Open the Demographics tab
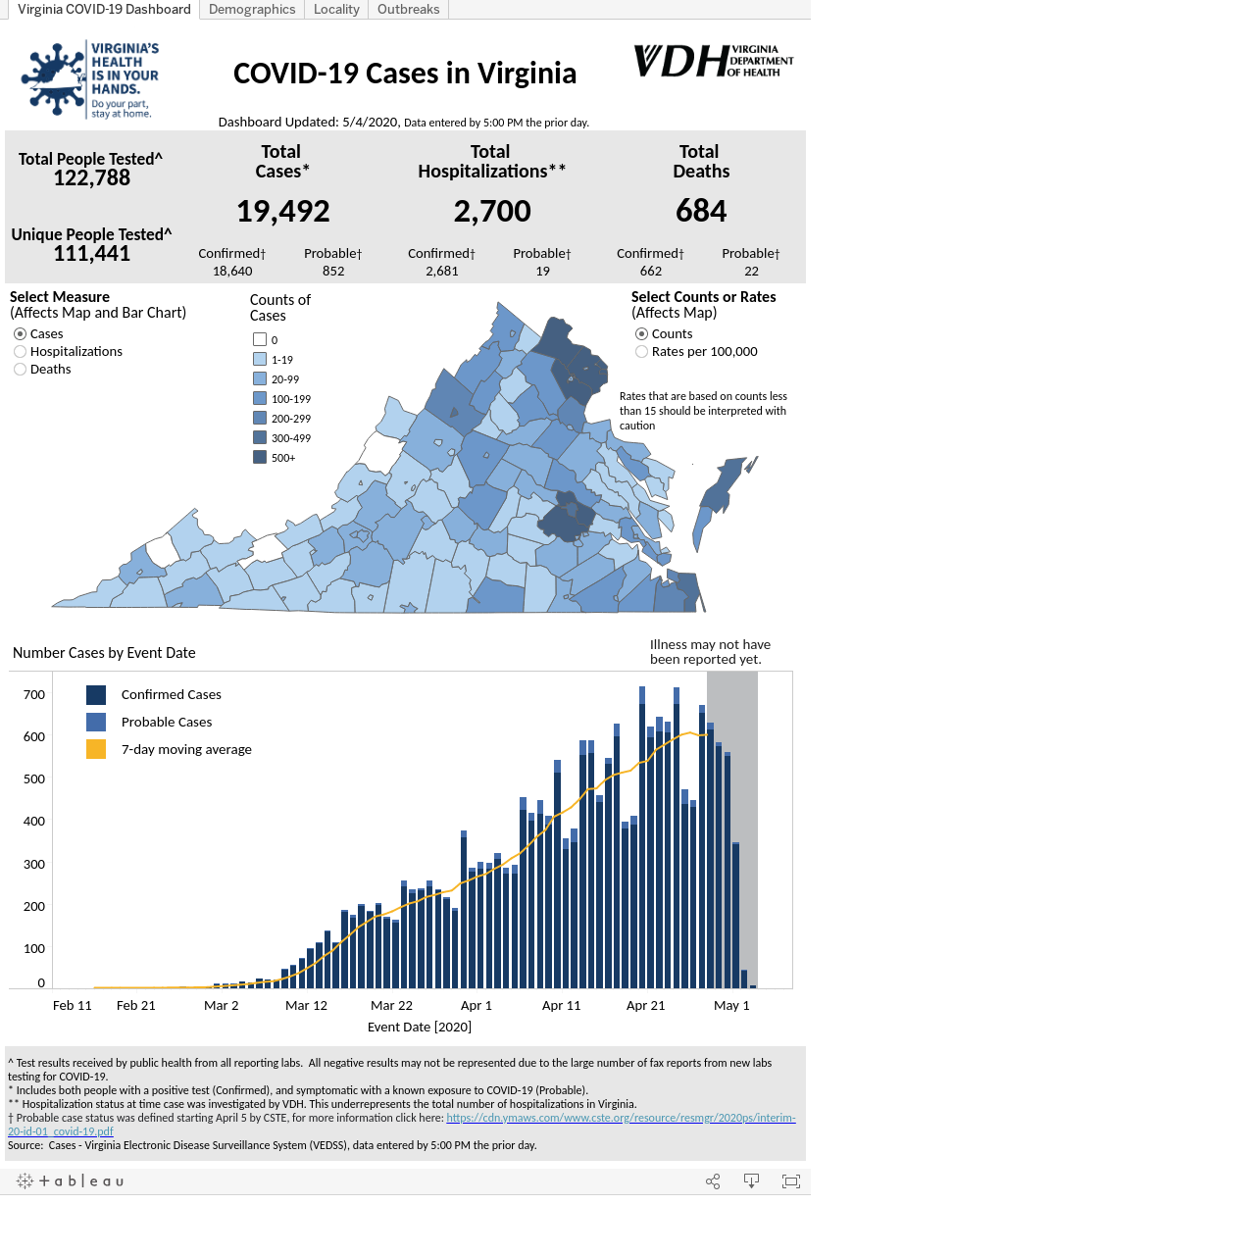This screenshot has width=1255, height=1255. pos(251,9)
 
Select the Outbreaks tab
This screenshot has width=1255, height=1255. pos(408,9)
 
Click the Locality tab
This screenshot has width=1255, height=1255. pos(336,9)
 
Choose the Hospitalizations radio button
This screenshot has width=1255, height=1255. pos(21,352)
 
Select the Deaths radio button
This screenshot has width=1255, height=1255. pos(21,370)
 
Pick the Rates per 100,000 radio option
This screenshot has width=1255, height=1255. pos(641,352)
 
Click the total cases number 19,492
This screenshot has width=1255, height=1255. pos(283,211)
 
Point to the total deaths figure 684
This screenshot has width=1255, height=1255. pos(701,211)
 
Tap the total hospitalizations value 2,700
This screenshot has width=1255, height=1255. pos(492,211)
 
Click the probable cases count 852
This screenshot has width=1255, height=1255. pos(332,271)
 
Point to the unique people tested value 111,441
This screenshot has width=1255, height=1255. pos(92,253)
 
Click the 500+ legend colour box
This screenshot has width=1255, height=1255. pos(260,457)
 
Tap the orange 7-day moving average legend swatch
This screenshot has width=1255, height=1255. pos(96,749)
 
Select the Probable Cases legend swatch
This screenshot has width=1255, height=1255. pos(96,722)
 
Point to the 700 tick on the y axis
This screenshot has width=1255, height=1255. pos(34,694)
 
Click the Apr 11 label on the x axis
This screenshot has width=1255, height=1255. pos(561,1005)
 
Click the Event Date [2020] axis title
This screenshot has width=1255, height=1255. pos(420,1027)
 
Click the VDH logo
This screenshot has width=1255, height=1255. pos(713,61)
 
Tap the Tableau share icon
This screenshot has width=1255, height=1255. pos(713,1181)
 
